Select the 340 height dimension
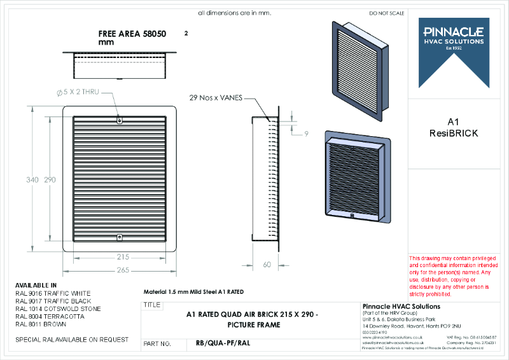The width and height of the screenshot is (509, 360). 32,180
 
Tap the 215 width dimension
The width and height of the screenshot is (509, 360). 123,257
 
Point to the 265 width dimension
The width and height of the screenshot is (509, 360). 123,270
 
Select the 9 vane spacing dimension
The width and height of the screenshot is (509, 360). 305,134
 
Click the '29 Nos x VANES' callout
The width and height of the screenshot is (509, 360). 216,99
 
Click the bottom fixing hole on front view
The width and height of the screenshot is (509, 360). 120,237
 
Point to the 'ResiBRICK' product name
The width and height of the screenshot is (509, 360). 454,133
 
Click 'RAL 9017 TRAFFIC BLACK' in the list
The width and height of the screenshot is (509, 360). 53,301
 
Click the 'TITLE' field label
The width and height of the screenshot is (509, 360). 153,305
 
